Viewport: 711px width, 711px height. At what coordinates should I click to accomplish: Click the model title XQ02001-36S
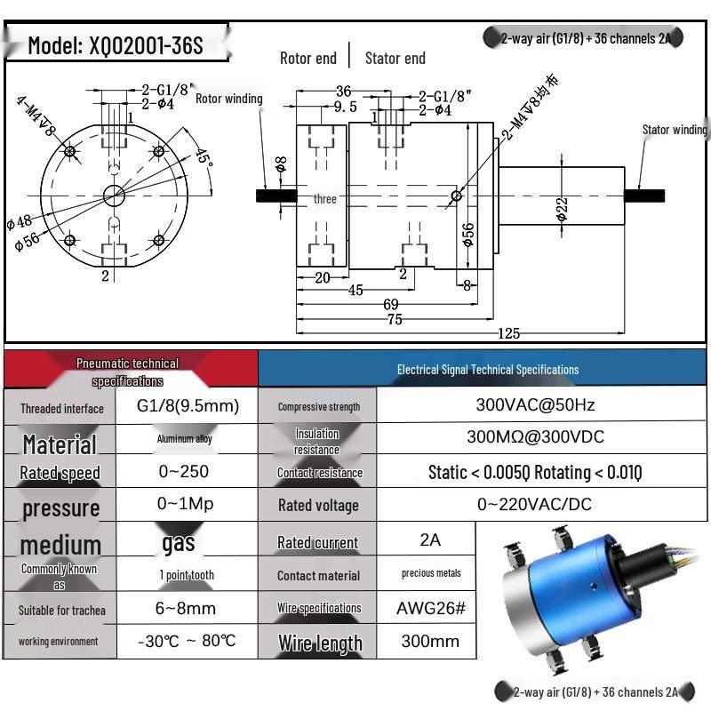116,45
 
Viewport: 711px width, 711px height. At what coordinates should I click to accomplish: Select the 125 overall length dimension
508,333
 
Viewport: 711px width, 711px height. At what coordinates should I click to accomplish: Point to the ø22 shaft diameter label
562,209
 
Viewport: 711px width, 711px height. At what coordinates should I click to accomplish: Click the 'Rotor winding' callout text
228,99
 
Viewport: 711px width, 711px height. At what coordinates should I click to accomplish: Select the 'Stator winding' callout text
675,130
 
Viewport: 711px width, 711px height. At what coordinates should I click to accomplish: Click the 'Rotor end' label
308,59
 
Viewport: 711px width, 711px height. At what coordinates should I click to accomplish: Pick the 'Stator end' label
395,59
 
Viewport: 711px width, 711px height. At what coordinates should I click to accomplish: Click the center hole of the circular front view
113,195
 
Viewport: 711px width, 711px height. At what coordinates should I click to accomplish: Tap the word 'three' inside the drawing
325,199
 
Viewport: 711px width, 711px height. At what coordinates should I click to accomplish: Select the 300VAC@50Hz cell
535,405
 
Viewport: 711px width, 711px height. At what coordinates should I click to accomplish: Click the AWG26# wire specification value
430,608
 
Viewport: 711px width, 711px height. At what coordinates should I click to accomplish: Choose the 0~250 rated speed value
187,472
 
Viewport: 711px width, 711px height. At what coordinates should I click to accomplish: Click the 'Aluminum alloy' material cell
185,439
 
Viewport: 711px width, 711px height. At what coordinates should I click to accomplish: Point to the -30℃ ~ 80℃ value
187,641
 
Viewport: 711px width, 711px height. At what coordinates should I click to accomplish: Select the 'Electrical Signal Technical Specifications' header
487,369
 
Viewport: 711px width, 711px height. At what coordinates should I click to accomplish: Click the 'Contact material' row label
318,576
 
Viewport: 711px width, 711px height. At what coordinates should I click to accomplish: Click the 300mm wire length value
430,641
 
